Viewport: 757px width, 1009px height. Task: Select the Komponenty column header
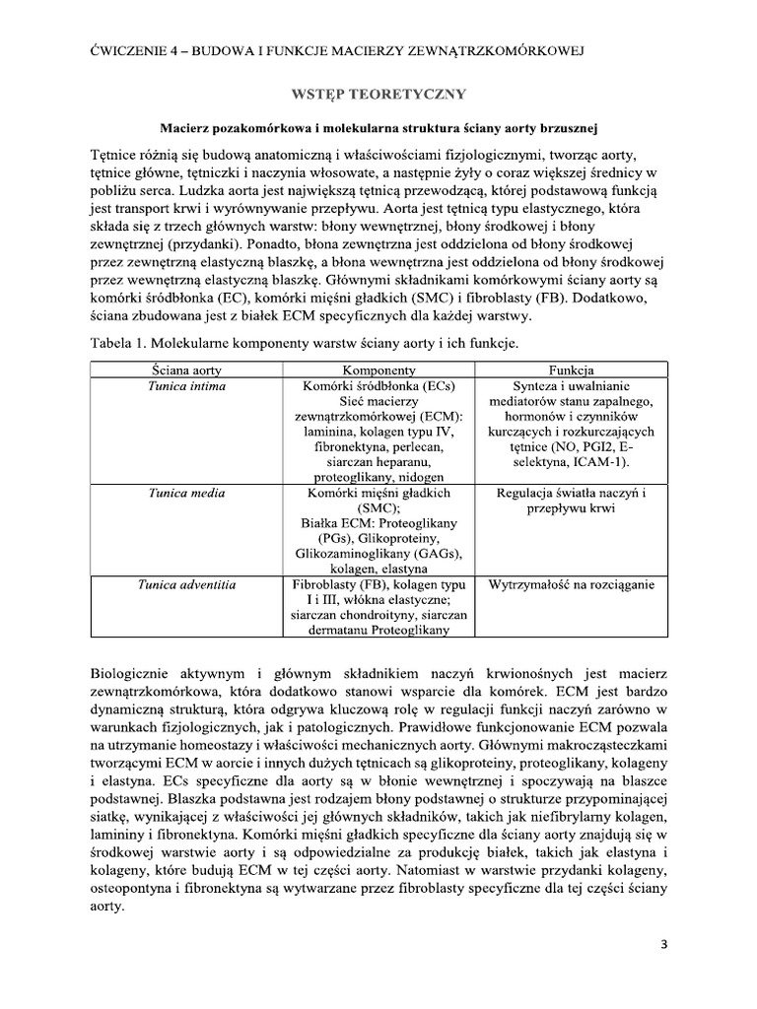(x=379, y=369)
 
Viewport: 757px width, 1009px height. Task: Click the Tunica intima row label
(x=187, y=385)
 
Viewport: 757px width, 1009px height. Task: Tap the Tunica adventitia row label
(x=187, y=585)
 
